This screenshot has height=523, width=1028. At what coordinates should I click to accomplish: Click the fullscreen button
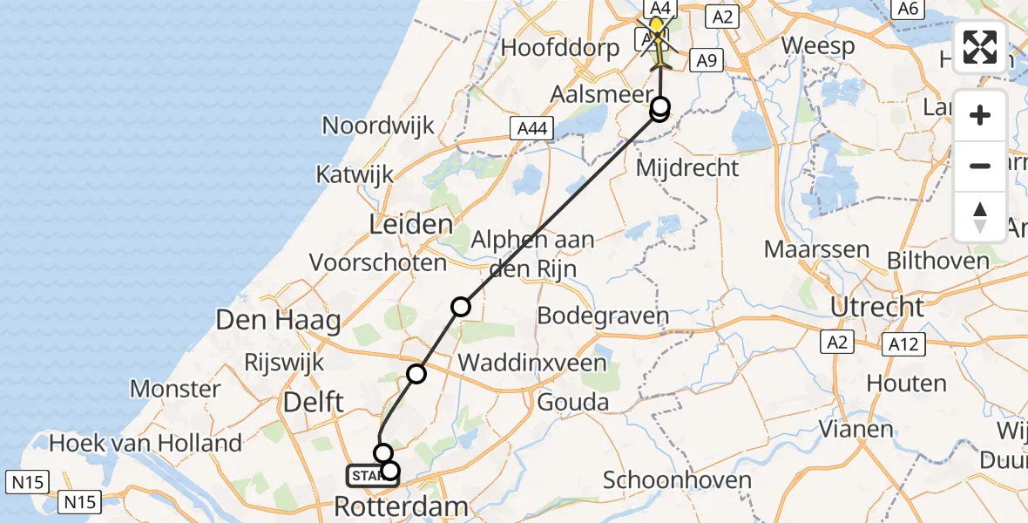click(980, 47)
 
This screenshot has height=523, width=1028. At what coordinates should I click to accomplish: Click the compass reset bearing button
click(980, 217)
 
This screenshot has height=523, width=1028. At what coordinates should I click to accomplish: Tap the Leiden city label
click(411, 224)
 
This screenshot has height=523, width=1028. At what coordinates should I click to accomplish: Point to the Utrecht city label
click(877, 307)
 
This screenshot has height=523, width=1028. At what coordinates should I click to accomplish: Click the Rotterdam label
click(402, 506)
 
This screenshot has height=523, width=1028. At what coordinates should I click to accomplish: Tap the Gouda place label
click(572, 402)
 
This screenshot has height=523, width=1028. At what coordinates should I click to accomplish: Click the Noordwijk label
click(378, 125)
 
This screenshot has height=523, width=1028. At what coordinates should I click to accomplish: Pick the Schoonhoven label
click(677, 479)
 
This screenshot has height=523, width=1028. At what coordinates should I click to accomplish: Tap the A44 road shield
click(530, 129)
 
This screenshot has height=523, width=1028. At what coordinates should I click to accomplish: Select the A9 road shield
click(706, 60)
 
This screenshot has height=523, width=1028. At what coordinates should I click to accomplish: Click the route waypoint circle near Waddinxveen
click(416, 374)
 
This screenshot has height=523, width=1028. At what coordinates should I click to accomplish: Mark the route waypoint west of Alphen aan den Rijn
click(461, 307)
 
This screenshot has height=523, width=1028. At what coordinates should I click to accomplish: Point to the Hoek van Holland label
click(145, 443)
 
